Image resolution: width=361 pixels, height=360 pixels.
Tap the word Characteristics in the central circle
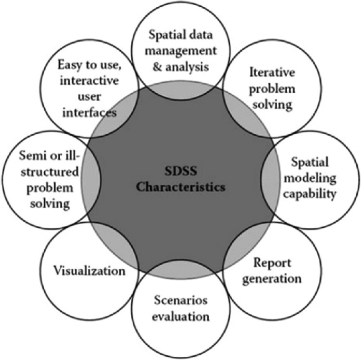(x=180, y=186)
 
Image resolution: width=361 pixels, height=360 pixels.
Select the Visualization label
(x=89, y=271)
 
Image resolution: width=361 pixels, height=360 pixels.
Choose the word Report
(x=265, y=262)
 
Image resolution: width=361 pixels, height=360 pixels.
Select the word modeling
(x=309, y=179)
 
